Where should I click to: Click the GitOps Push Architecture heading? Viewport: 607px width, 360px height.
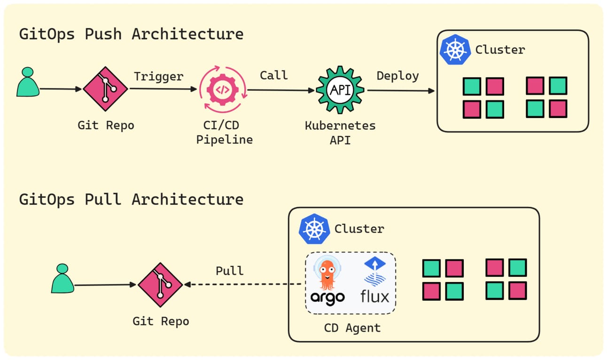click(x=131, y=34)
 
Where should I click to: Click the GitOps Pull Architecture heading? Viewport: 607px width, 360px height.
click(x=131, y=199)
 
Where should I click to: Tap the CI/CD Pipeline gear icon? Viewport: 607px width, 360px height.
click(x=222, y=90)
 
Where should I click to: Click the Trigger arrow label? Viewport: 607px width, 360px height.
click(x=158, y=76)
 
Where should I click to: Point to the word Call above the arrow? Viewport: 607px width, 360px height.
click(x=273, y=75)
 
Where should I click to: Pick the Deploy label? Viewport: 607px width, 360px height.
click(x=397, y=76)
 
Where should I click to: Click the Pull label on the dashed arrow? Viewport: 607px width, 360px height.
click(x=229, y=271)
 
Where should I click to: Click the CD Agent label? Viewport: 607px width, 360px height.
click(x=352, y=328)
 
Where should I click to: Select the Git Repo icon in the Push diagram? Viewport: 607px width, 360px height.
click(x=105, y=88)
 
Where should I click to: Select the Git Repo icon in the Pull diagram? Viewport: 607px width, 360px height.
click(x=160, y=284)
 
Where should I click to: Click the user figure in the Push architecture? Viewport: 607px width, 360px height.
click(x=28, y=82)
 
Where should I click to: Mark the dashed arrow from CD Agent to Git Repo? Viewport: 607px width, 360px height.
click(x=244, y=284)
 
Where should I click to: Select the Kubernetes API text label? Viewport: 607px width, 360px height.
click(x=340, y=133)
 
